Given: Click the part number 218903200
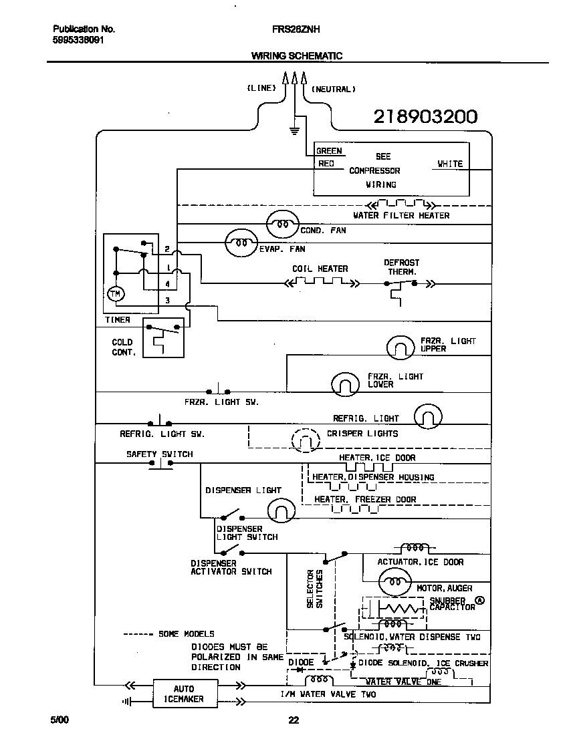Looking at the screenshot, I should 425,117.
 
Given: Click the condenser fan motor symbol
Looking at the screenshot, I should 283,225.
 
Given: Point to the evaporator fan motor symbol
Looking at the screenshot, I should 241,243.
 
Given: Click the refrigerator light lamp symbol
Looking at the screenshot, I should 428,416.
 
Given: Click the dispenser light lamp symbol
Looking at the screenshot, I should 281,510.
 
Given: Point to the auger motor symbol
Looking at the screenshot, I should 393,583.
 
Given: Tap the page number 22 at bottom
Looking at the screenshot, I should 293,720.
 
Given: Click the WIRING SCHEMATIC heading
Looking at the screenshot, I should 296,56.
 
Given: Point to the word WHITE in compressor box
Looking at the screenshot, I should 449,164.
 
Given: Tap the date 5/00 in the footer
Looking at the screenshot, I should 60,720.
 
